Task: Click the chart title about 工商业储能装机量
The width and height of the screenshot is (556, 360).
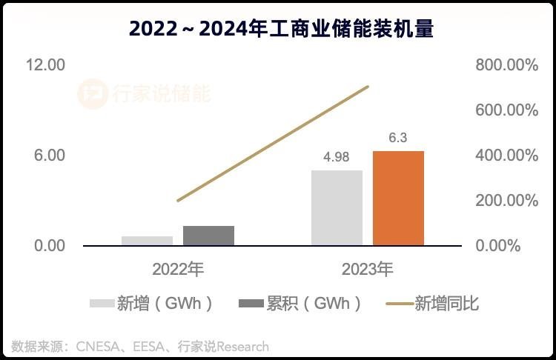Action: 281,28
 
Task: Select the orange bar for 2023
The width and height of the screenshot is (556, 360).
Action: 398,198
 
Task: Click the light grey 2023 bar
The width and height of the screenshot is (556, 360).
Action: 337,207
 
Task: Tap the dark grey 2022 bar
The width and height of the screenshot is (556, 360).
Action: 208,236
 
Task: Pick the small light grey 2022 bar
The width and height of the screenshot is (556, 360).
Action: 147,241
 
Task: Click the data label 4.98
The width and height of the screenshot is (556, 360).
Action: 336,157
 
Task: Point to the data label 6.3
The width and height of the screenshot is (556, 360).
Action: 398,138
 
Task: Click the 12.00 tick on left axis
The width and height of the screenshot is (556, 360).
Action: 45,65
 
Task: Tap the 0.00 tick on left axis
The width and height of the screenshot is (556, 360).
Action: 49,246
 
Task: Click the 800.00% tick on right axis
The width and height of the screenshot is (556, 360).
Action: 506,65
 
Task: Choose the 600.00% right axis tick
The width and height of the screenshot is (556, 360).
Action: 506,110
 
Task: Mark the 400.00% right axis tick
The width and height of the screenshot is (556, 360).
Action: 506,156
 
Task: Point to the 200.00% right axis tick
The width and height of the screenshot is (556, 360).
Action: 506,201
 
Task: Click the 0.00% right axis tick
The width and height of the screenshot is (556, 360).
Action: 512,246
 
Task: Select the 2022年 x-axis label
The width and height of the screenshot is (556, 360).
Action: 178,269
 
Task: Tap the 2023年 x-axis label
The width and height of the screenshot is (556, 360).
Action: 367,269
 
